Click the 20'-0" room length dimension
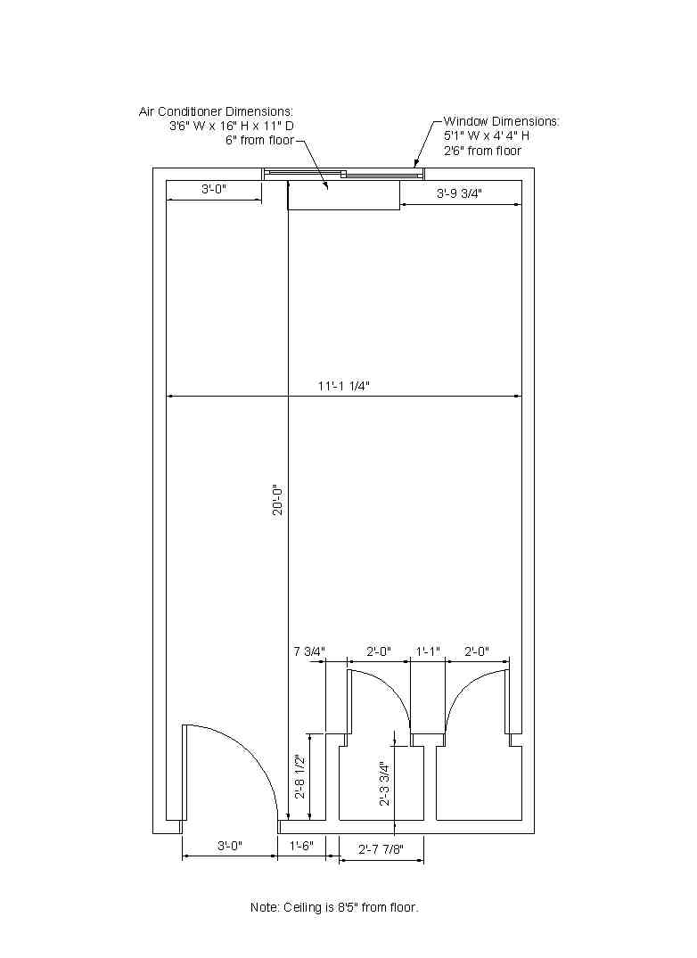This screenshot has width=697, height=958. click(278, 500)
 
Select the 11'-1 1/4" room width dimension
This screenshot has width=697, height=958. click(344, 386)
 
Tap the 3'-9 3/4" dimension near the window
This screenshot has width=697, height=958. click(459, 193)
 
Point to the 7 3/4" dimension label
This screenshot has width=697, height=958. click(309, 651)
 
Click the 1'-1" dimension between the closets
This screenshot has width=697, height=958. click(428, 651)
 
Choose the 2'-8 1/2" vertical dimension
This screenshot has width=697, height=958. click(300, 777)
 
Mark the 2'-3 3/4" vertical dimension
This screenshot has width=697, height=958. click(385, 784)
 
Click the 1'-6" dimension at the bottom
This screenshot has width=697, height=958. click(301, 846)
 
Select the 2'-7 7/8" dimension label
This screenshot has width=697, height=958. click(381, 849)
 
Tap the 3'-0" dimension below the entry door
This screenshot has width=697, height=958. click(230, 846)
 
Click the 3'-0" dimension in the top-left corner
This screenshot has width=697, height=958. click(214, 189)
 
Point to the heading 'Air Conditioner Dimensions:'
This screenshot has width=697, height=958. click(217, 111)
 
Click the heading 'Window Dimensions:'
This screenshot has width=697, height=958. click(502, 121)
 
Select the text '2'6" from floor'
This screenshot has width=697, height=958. click(482, 151)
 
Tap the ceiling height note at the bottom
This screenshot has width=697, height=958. click(335, 907)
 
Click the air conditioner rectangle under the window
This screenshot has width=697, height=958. click(344, 195)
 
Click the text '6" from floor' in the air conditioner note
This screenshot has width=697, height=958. click(259, 141)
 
